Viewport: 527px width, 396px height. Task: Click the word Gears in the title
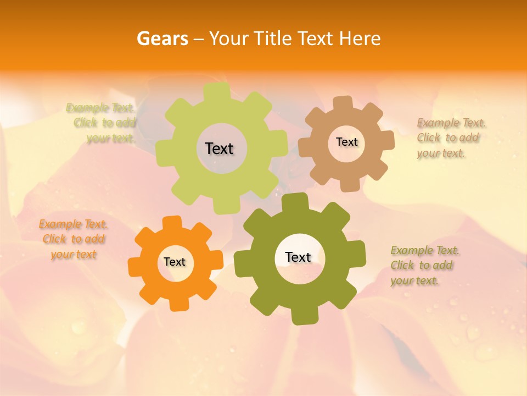(x=162, y=38)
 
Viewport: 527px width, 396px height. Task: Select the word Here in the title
(x=360, y=38)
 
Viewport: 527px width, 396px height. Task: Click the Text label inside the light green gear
(x=219, y=148)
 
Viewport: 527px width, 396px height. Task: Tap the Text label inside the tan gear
(x=346, y=142)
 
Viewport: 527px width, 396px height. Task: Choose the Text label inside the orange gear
(x=175, y=262)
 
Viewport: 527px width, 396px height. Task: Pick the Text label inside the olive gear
(x=298, y=257)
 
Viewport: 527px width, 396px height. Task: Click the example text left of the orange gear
(x=73, y=239)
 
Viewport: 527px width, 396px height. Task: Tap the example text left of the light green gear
(x=101, y=123)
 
